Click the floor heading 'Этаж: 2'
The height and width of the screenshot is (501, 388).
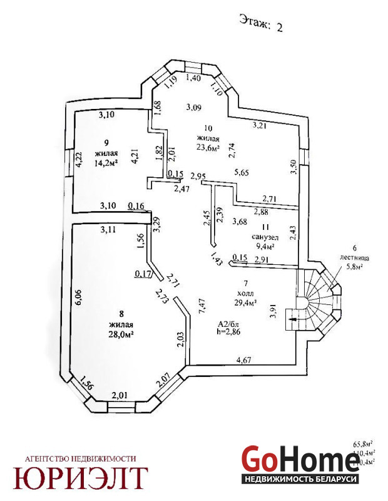coord(261,23)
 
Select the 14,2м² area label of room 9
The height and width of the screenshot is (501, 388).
coord(107,164)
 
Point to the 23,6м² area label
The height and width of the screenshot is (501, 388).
coord(207,148)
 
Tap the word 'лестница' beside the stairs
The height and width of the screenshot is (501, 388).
coord(344,257)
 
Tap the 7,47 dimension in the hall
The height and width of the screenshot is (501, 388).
coord(201,306)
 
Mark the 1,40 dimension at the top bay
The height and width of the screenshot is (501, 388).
coord(193,78)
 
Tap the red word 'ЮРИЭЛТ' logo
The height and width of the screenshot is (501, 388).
coord(81,478)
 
